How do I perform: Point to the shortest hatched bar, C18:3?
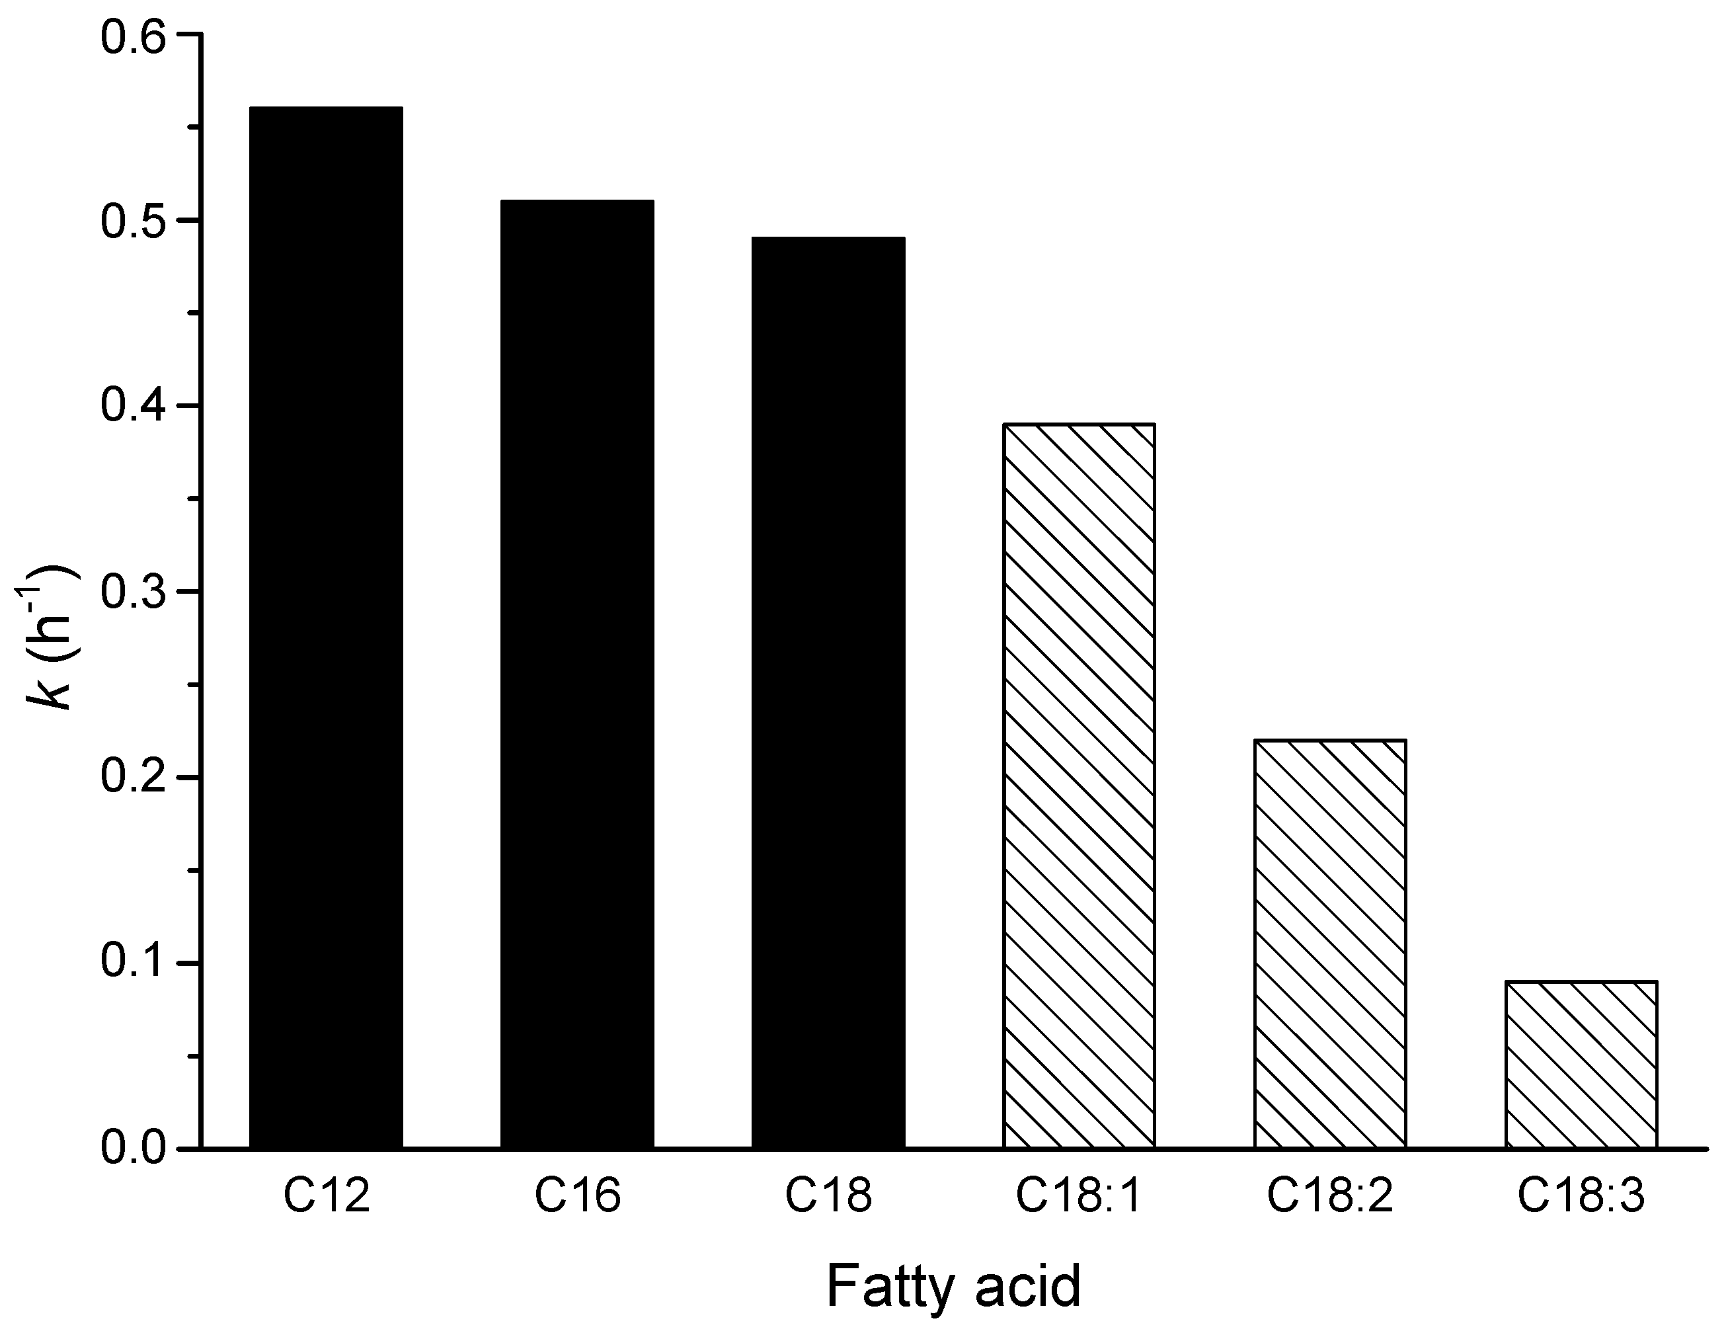[1581, 1064]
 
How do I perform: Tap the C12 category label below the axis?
[327, 1196]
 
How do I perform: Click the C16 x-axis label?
[578, 1196]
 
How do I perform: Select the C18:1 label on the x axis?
[1079, 1196]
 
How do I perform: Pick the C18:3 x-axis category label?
[1581, 1196]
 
